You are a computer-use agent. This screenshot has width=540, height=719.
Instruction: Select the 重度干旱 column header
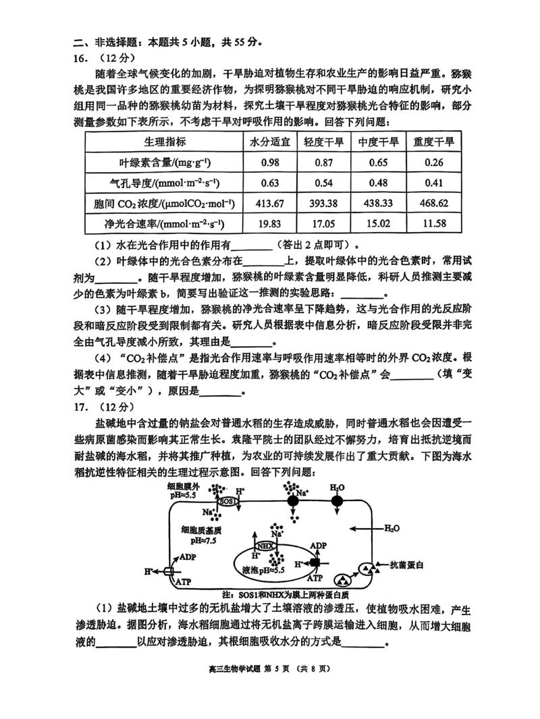tap(433, 142)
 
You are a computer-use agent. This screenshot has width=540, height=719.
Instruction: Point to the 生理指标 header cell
tap(165, 142)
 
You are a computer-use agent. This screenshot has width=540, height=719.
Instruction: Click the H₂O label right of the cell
tap(392, 529)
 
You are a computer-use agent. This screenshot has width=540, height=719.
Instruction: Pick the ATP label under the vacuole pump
tap(315, 578)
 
